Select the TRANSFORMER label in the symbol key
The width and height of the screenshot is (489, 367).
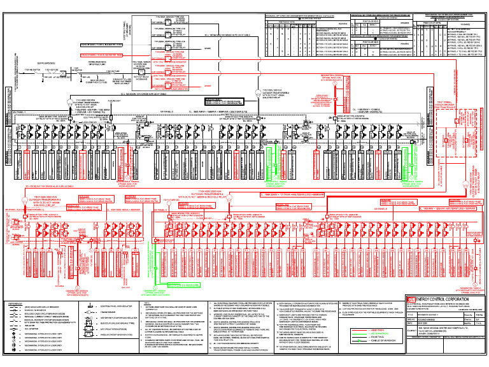[x=108, y=313]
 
